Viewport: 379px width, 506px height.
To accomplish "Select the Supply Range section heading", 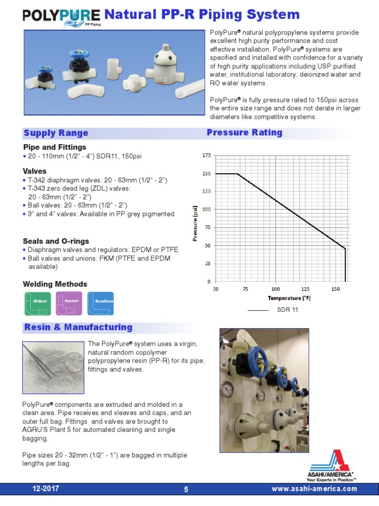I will [x=56, y=133].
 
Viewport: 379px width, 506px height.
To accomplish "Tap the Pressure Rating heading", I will [x=244, y=132].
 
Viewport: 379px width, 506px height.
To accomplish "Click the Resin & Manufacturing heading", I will [x=78, y=327].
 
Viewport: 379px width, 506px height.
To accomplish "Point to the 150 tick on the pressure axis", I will [x=206, y=173].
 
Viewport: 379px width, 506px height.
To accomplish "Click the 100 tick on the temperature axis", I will [x=275, y=289].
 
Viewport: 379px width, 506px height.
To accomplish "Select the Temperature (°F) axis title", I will [x=289, y=298].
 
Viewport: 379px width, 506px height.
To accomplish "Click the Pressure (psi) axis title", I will [x=195, y=223].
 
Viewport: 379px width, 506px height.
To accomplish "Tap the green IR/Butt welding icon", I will [x=38, y=303].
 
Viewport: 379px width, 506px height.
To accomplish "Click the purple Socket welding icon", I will [x=69, y=303].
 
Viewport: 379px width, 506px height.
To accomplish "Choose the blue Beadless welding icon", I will [x=101, y=303].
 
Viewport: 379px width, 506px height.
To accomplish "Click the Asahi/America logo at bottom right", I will [x=331, y=465].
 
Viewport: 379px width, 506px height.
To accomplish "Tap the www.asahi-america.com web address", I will [x=314, y=489].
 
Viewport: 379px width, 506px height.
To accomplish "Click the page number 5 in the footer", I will [x=186, y=490].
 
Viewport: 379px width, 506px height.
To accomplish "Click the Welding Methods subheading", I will [x=55, y=284].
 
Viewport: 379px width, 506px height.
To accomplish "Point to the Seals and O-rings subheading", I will [x=56, y=241].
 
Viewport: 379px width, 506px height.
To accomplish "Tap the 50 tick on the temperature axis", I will [x=216, y=289].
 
